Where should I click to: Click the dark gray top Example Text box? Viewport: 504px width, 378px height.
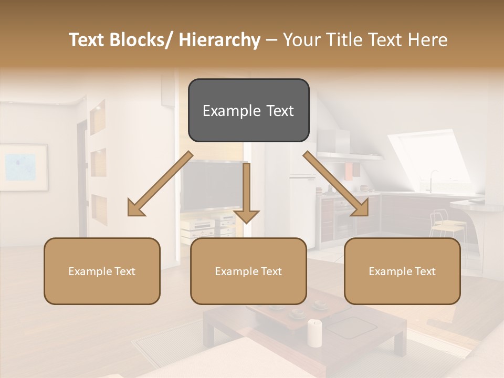tap(248, 110)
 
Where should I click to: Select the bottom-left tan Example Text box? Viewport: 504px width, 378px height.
tap(102, 271)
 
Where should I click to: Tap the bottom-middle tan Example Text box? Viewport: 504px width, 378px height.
tap(248, 271)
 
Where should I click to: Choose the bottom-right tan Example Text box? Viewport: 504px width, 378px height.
tap(402, 271)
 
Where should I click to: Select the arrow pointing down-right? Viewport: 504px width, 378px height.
tap(336, 184)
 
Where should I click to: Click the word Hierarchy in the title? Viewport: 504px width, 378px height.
tap(219, 40)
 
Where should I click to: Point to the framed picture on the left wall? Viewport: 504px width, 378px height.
tap(24, 167)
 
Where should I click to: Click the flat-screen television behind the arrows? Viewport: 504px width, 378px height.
tap(210, 186)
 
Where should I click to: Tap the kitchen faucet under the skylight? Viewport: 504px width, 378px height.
tap(433, 178)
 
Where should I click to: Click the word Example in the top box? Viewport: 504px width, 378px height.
tap(225, 111)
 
